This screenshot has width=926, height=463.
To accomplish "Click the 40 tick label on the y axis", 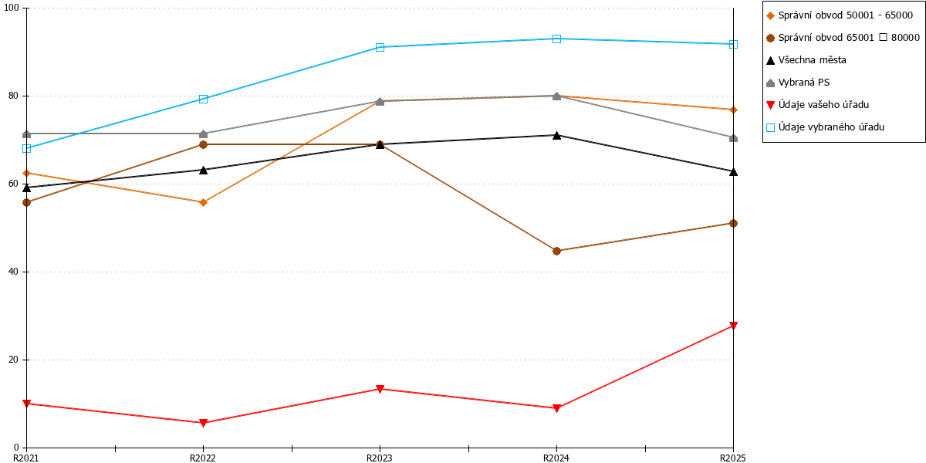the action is pyautogui.click(x=13, y=272).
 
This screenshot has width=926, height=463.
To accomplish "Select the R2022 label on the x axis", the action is pyautogui.click(x=203, y=458).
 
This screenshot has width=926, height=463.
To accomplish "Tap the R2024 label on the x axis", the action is pyautogui.click(x=556, y=458).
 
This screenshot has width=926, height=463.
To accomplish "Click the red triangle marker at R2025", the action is pyautogui.click(x=733, y=326).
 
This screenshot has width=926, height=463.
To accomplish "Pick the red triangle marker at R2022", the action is pyautogui.click(x=203, y=423).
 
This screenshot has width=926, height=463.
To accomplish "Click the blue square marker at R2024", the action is pyautogui.click(x=556, y=39).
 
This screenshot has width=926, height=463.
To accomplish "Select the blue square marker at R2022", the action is pyautogui.click(x=203, y=99).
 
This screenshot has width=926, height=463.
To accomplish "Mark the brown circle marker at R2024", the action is pyautogui.click(x=556, y=251).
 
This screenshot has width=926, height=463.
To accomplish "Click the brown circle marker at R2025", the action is pyautogui.click(x=733, y=223).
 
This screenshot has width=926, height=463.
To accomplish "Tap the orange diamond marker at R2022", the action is pyautogui.click(x=203, y=202).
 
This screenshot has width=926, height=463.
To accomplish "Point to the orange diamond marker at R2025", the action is pyautogui.click(x=733, y=110).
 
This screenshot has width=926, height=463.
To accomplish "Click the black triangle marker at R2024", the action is pyautogui.click(x=556, y=135).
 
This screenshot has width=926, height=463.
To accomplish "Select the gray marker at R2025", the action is pyautogui.click(x=733, y=137).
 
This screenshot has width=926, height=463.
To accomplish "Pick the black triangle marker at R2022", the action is pyautogui.click(x=203, y=170).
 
